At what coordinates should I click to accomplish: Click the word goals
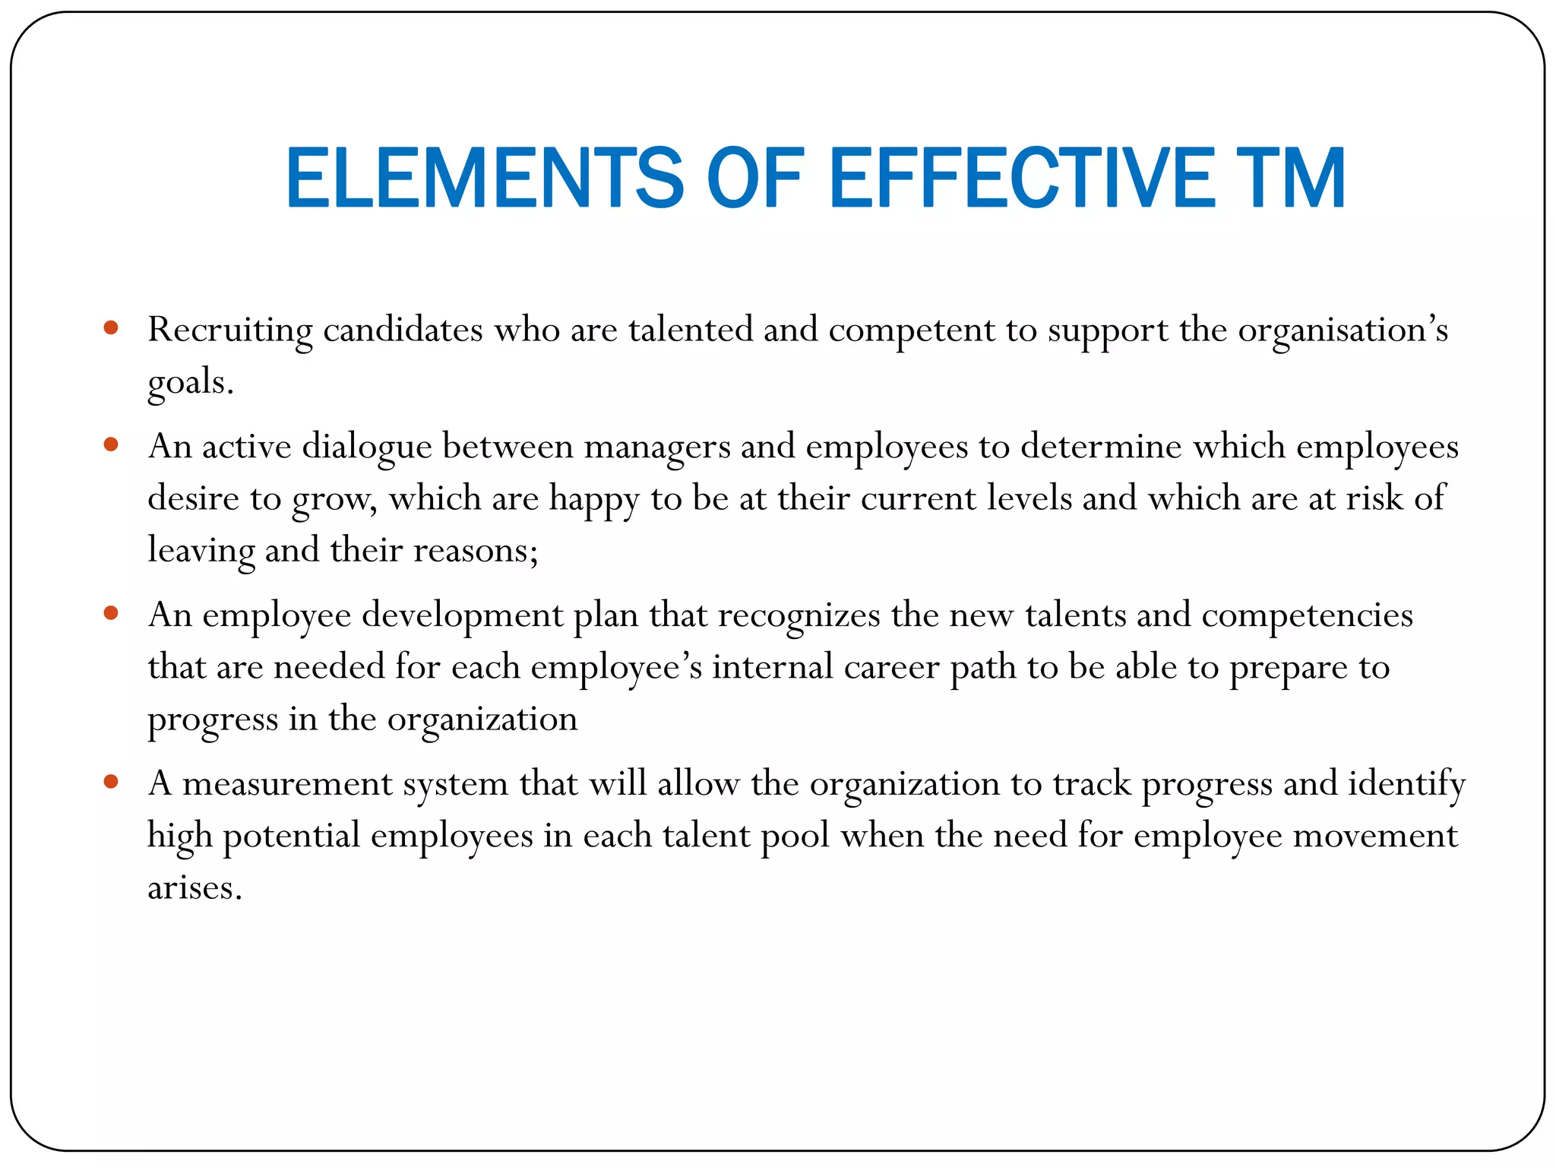pos(190,382)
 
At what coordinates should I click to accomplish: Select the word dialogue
pos(367,447)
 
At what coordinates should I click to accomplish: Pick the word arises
pos(194,887)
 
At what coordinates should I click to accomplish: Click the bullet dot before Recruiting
pos(111,328)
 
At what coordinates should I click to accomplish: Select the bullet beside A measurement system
pos(111,782)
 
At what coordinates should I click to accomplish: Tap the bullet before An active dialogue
pos(111,444)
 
